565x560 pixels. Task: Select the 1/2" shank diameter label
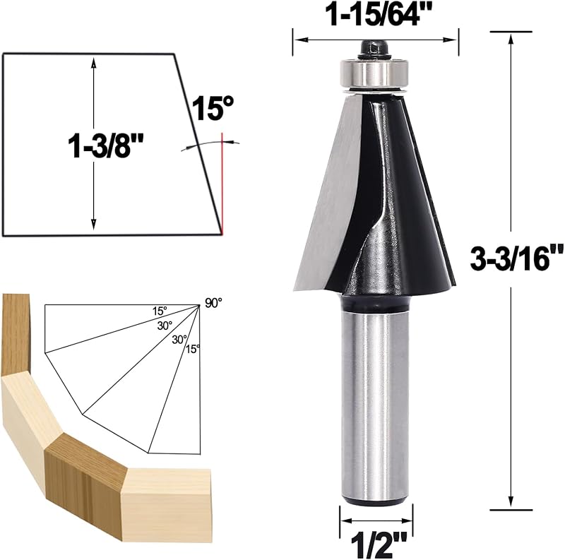[379, 546]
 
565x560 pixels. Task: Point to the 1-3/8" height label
[105, 145]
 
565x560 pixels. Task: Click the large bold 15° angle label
[213, 108]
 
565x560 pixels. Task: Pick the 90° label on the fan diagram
[214, 303]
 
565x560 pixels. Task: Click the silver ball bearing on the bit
[374, 73]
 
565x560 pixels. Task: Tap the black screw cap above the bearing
[374, 49]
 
